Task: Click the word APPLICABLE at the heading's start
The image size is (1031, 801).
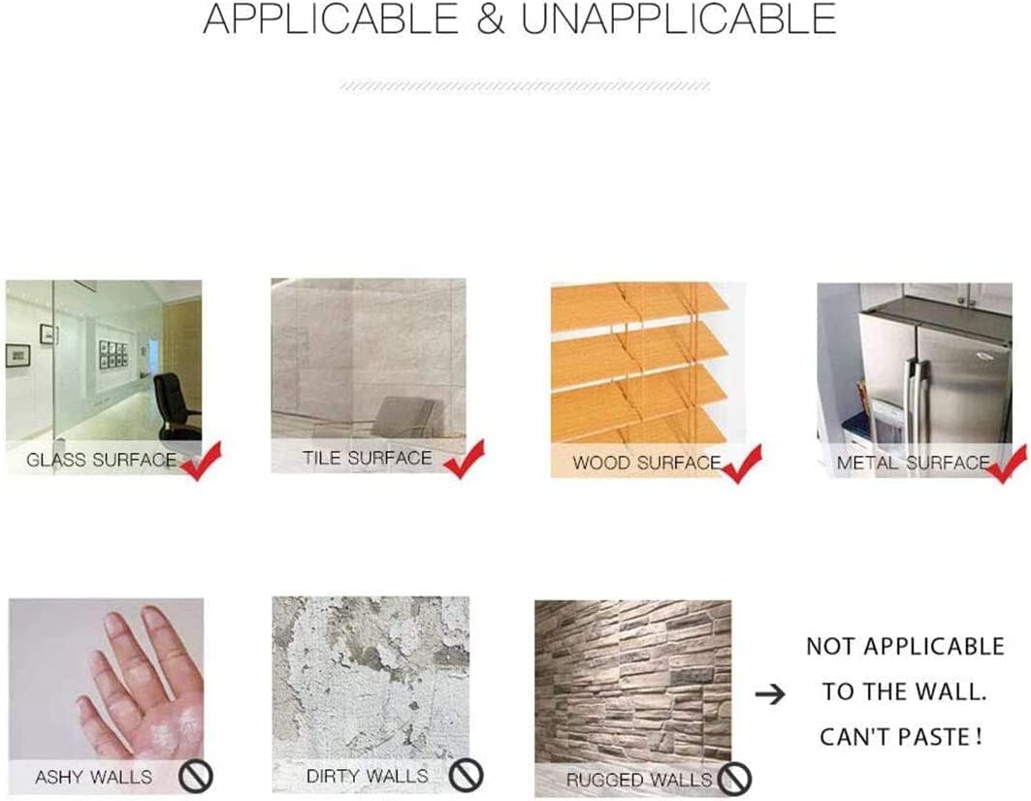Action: pos(331,18)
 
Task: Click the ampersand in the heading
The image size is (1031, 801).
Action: pos(491,18)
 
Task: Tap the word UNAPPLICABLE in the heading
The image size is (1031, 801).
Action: pos(679,18)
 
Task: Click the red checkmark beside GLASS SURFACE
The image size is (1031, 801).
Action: pos(201,461)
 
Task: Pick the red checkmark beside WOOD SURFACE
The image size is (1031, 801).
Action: pos(742,465)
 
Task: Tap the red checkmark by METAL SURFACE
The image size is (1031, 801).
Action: pos(1007,465)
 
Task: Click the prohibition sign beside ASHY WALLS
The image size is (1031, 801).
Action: pos(196,776)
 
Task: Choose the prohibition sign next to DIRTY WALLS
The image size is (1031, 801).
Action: pos(467,775)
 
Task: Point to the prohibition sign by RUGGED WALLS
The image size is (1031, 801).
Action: pos(734,779)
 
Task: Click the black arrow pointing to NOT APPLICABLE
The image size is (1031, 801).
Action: pos(770,693)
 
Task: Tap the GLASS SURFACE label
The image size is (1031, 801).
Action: pos(101,460)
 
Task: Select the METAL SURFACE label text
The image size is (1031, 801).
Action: pos(913,463)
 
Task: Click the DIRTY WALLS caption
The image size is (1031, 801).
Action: pos(367,776)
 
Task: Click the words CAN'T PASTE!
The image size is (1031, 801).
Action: pos(901,737)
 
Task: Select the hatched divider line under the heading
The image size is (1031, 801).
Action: pos(525,86)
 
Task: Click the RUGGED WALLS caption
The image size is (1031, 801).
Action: pos(639,780)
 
